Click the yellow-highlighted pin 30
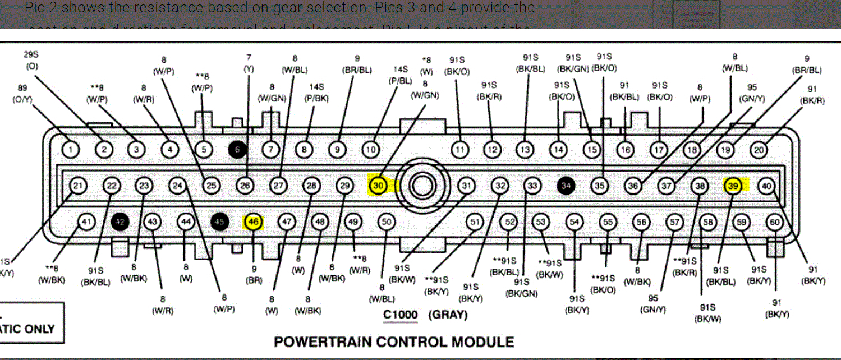(x=378, y=185)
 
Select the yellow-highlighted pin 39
(x=733, y=186)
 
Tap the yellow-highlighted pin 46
(x=253, y=222)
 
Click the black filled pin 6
(x=237, y=150)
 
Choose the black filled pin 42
(x=119, y=222)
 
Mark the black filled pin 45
(x=219, y=222)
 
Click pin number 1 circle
(x=70, y=150)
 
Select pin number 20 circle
(x=759, y=150)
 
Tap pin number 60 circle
(x=775, y=222)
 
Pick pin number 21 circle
(x=78, y=186)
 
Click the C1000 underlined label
(x=401, y=315)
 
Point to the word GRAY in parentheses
(x=448, y=315)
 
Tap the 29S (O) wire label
(x=31, y=61)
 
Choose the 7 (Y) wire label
(x=249, y=63)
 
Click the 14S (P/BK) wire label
(x=316, y=93)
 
